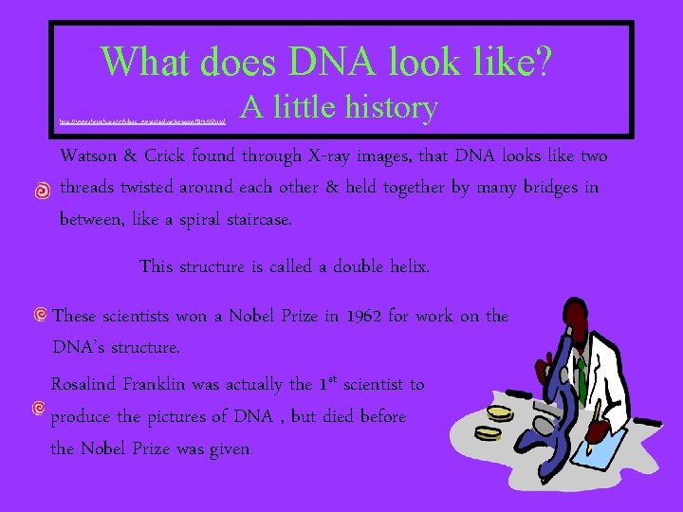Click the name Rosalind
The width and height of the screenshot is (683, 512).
click(x=85, y=384)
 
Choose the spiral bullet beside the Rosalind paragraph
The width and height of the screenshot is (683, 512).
click(x=38, y=409)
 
